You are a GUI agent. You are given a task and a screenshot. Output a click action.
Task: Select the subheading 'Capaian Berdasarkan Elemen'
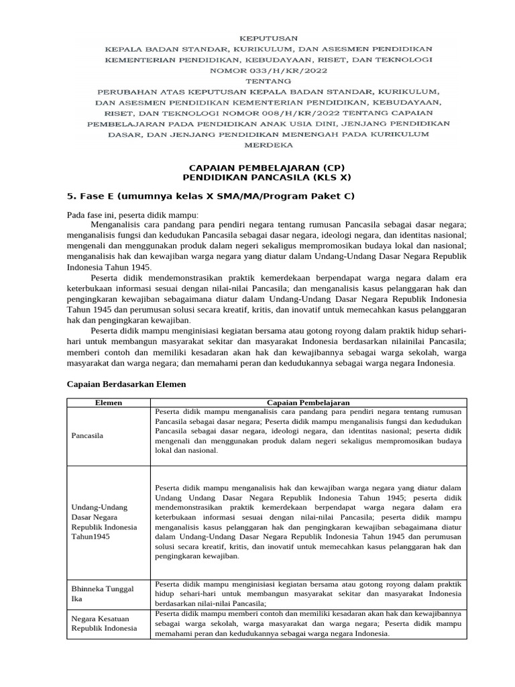[x=127, y=384]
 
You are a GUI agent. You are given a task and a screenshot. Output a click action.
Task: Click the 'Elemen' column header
[x=107, y=403]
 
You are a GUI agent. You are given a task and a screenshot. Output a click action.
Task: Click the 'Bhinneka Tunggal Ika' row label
[x=103, y=594]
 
